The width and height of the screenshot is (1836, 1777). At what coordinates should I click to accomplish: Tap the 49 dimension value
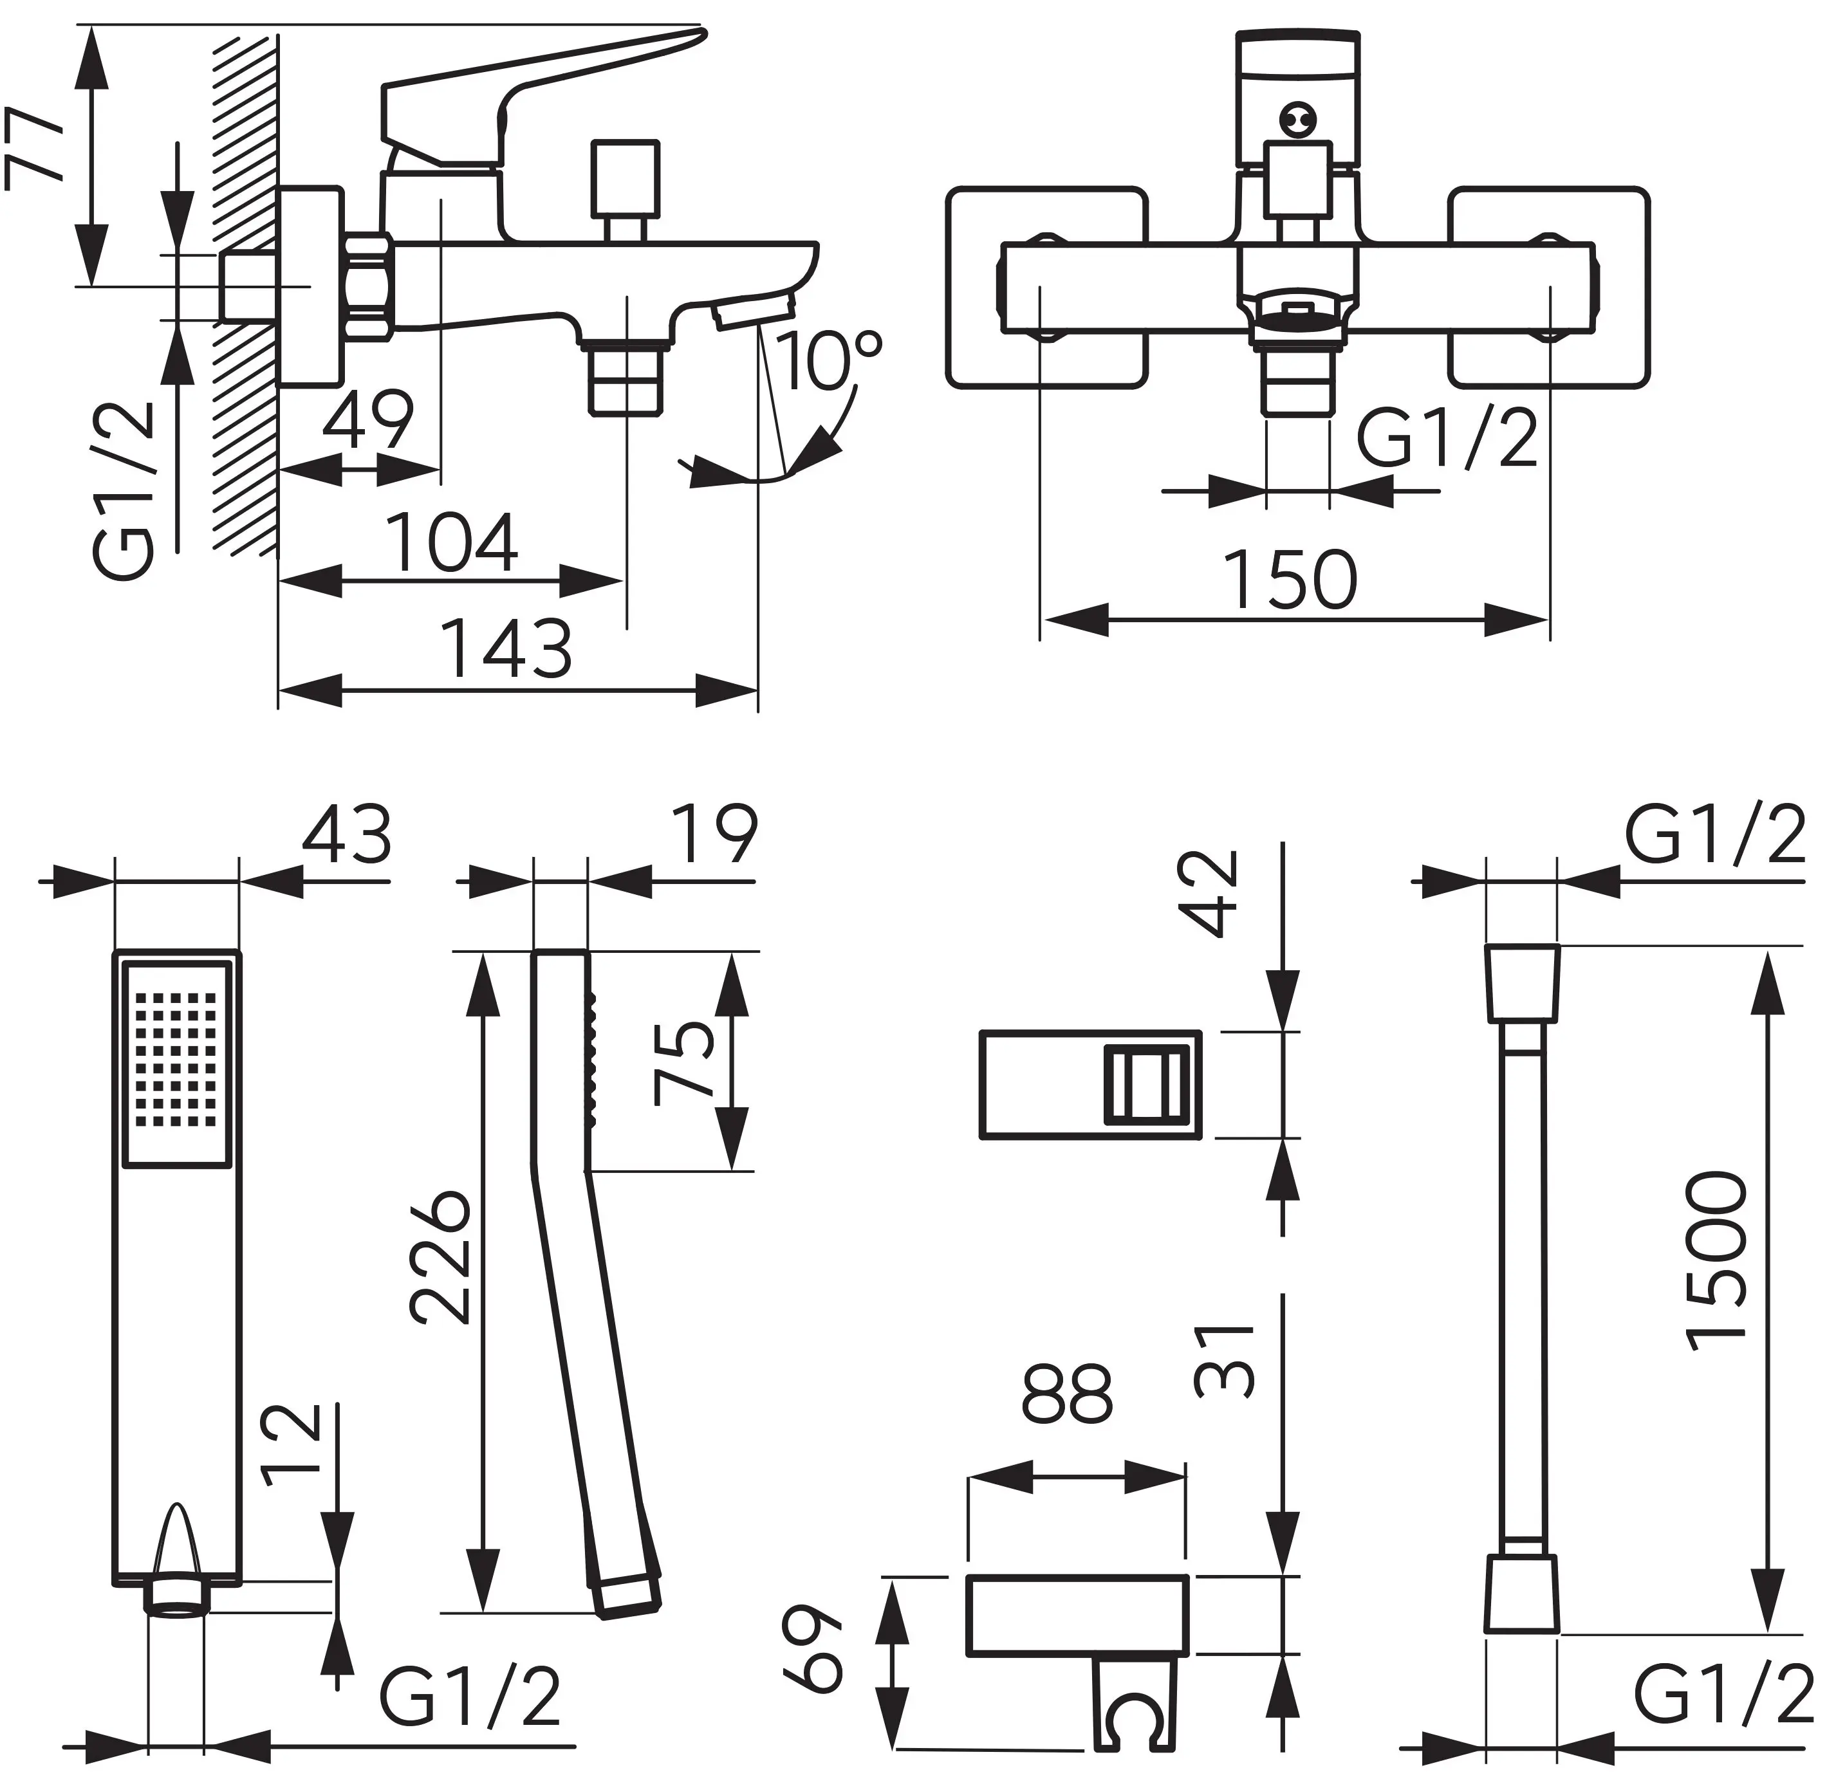coord(367,421)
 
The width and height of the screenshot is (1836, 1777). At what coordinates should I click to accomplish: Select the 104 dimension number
coord(452,542)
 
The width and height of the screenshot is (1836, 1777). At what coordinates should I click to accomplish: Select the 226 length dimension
coord(440,1258)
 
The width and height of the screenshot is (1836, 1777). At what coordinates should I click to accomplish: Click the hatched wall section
coord(245,281)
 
